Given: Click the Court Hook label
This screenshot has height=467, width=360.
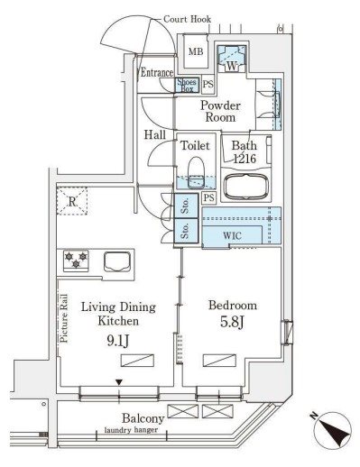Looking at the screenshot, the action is pyautogui.click(x=187, y=19).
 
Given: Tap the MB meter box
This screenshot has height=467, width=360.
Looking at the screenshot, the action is pyautogui.click(x=196, y=51).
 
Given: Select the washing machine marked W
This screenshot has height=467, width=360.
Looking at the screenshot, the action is pyautogui.click(x=232, y=60).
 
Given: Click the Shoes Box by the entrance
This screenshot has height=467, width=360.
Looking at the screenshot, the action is pyautogui.click(x=187, y=85).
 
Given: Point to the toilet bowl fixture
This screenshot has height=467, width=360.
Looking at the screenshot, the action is pyautogui.click(x=196, y=172).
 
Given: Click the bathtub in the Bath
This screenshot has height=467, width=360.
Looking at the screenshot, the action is pyautogui.click(x=246, y=187).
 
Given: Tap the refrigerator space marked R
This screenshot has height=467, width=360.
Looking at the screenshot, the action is pyautogui.click(x=72, y=201).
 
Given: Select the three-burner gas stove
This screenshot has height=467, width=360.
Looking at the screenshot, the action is pyautogui.click(x=76, y=261).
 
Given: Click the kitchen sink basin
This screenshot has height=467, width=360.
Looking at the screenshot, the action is pyautogui.click(x=117, y=261).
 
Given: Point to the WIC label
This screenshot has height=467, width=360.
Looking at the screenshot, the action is pyautogui.click(x=232, y=235).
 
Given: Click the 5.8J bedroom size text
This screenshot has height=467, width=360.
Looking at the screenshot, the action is pyautogui.click(x=232, y=322).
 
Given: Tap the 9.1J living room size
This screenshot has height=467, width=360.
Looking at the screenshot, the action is pyautogui.click(x=118, y=341).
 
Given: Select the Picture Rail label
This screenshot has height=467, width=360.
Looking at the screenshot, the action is pyautogui.click(x=64, y=318).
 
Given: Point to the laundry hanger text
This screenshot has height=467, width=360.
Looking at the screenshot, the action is pyautogui.click(x=131, y=430).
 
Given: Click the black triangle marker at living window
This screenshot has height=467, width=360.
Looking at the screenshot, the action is pyautogui.click(x=119, y=382).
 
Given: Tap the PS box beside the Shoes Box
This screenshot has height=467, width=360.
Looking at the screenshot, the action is pyautogui.click(x=208, y=84).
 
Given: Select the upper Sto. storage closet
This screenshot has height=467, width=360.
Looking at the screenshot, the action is pyautogui.click(x=186, y=206).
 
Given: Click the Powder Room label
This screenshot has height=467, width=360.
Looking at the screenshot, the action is pyautogui.click(x=220, y=111).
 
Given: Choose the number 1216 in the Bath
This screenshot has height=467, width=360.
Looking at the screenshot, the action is pyautogui.click(x=245, y=159).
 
